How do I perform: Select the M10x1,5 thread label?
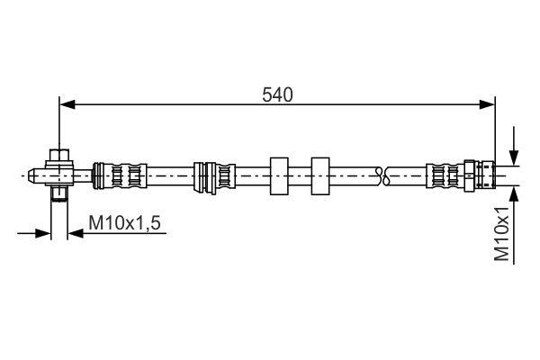[124, 220]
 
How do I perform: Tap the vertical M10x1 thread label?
[505, 233]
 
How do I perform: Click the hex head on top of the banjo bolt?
[58, 156]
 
